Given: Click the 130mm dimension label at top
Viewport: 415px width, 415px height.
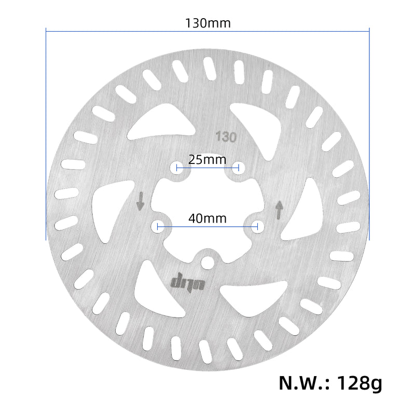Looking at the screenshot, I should (208, 23).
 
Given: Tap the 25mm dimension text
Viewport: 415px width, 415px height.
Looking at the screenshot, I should (208, 159).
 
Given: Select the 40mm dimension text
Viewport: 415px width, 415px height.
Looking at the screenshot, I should (208, 218).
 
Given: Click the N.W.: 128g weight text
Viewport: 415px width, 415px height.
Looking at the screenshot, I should (330, 383).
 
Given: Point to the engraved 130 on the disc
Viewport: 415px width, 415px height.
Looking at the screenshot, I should (226, 137).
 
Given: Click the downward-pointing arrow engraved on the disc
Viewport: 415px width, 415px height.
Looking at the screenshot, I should (140, 201).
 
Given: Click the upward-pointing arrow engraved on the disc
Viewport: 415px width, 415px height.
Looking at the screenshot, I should (279, 210).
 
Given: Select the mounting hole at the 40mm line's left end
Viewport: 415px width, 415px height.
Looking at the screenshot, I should (157, 226).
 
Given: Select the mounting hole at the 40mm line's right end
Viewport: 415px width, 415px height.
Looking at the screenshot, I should (258, 226).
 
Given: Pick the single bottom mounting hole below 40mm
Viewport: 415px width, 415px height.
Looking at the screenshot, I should (208, 262).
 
